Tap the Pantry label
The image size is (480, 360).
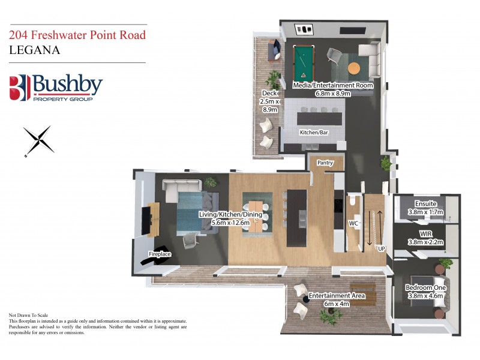(325, 162)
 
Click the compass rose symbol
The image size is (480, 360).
(39, 140)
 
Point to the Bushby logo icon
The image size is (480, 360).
(19, 88)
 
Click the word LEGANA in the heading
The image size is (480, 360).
(35, 50)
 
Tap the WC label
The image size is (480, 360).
(353, 224)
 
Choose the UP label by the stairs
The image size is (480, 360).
(381, 247)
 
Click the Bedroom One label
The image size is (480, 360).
(424, 290)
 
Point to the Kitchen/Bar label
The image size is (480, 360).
(314, 132)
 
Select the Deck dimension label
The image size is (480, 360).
(269, 101)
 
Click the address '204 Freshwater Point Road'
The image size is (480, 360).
(77, 35)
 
